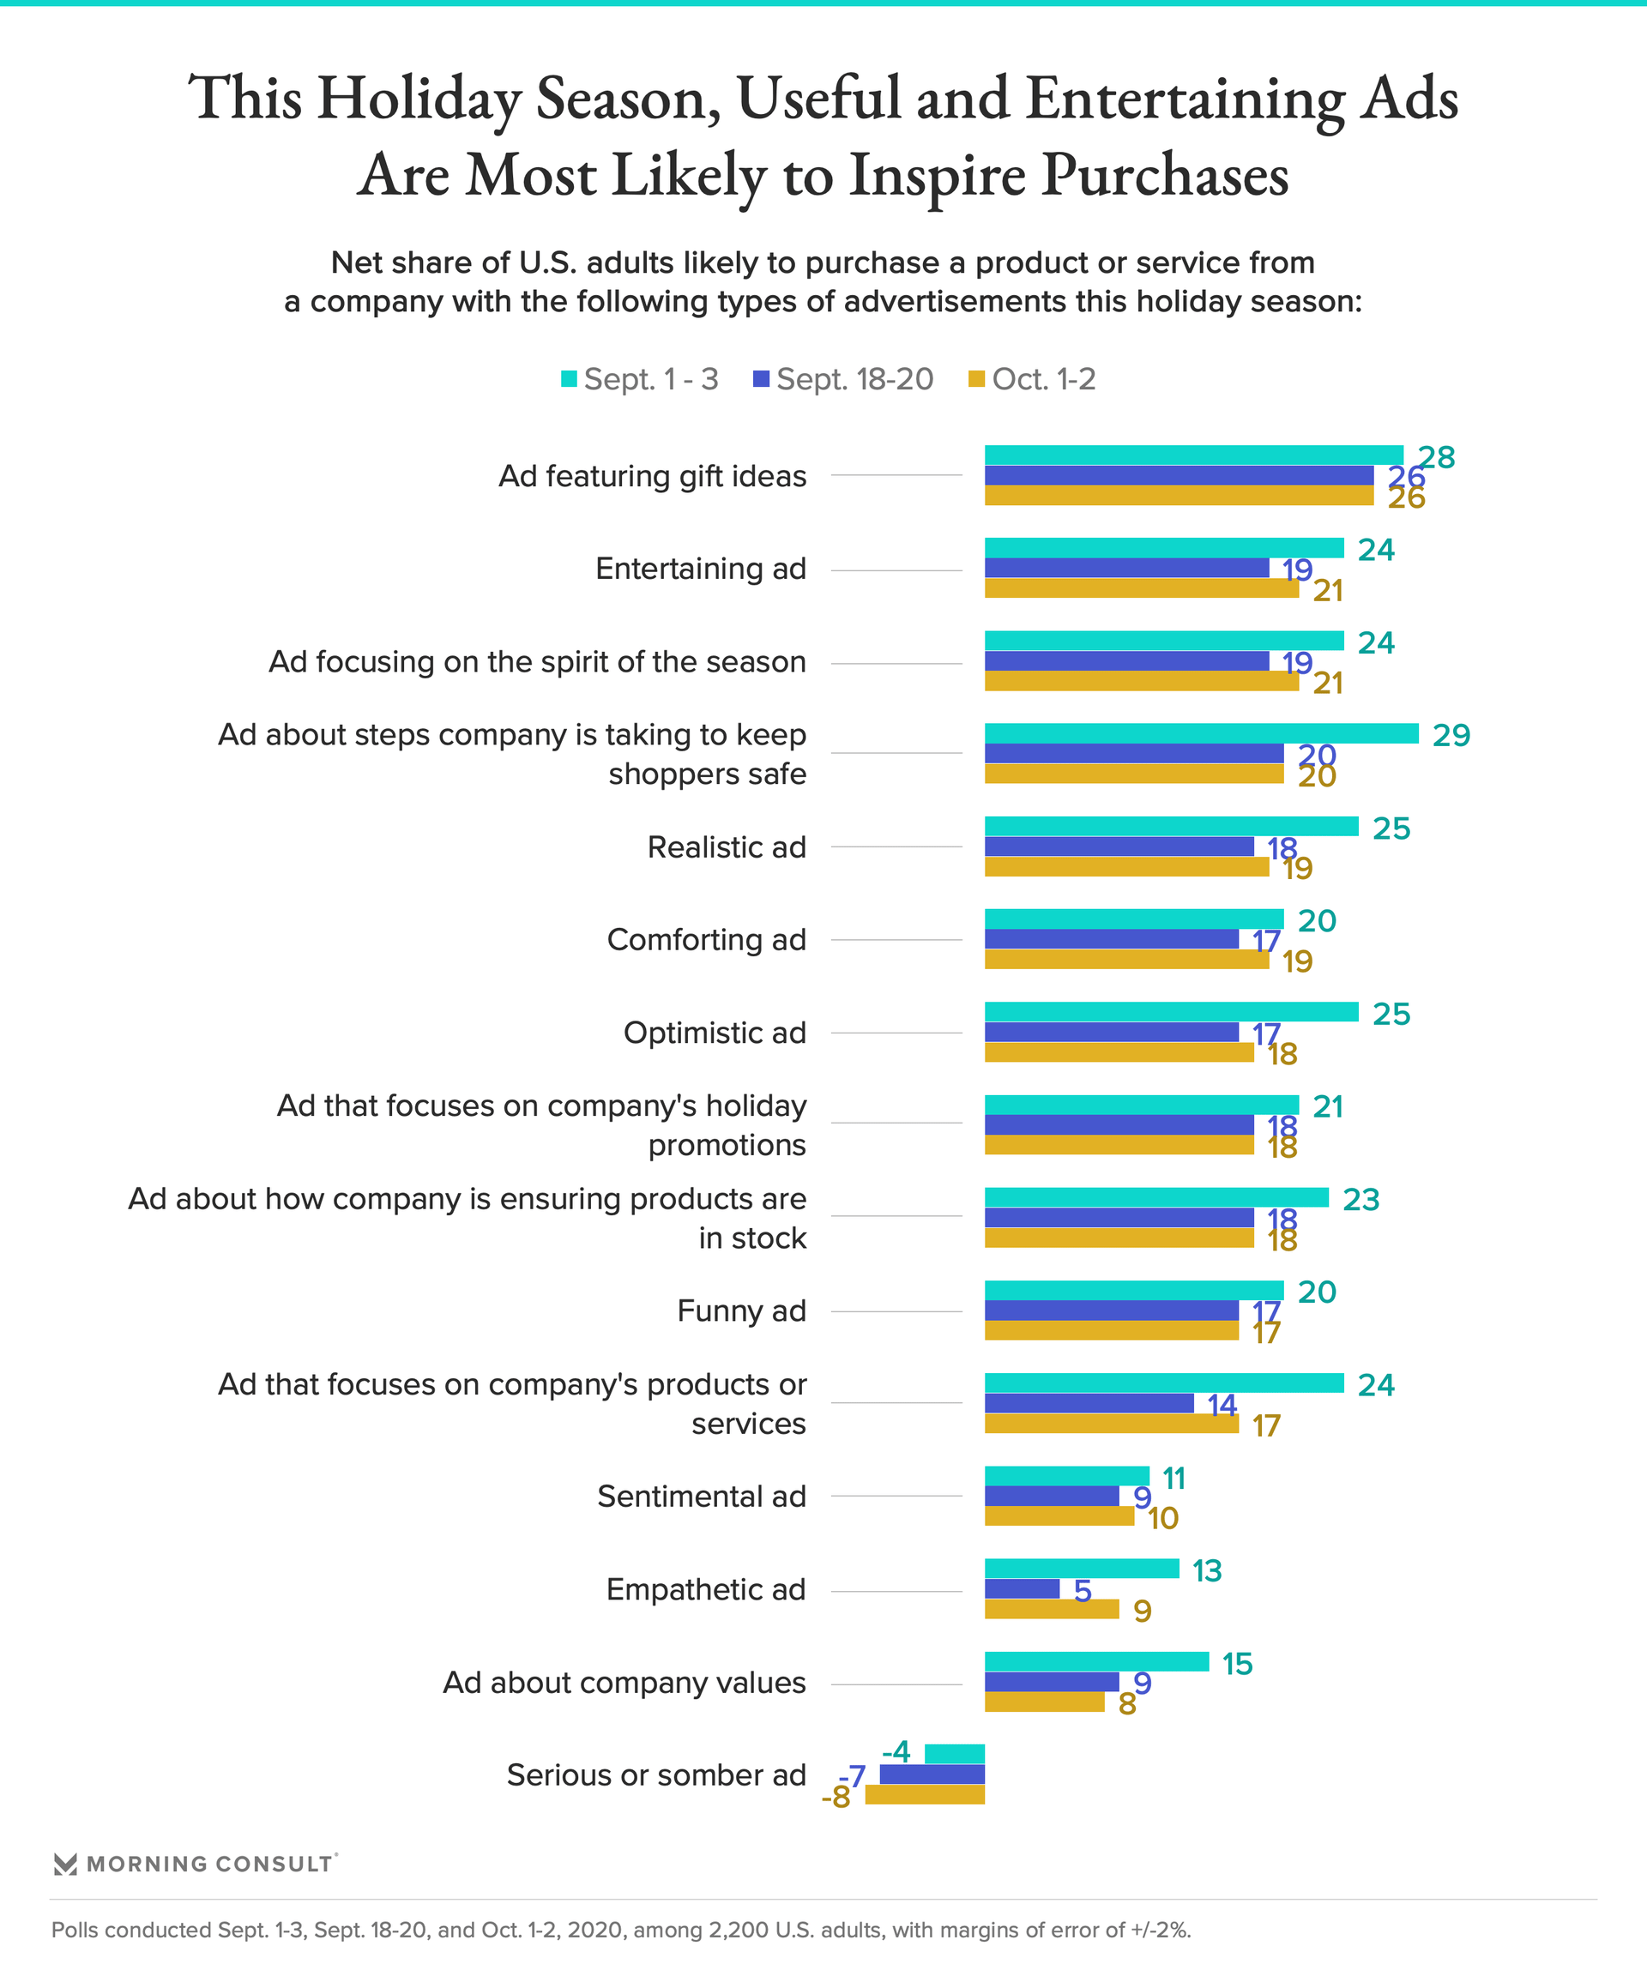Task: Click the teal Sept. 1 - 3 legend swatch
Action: [x=569, y=379]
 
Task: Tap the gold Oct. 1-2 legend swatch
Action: [x=977, y=379]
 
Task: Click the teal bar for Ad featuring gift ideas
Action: [x=1193, y=455]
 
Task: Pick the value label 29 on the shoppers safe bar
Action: [x=1451, y=735]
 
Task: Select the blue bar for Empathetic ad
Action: [x=1022, y=1589]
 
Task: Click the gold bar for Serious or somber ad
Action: [x=924, y=1794]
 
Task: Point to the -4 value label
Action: [x=896, y=1752]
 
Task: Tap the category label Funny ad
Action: [x=742, y=1310]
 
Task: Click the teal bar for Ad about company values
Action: [x=1096, y=1662]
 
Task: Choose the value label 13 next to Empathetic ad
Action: [x=1207, y=1570]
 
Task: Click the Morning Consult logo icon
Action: [x=65, y=1864]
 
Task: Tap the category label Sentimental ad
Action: [x=701, y=1496]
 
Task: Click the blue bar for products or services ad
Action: [x=1089, y=1403]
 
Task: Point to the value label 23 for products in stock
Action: [x=1360, y=1200]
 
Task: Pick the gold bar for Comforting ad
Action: [x=1126, y=960]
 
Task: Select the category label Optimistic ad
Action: [x=715, y=1033]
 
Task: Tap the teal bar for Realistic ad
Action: [x=1171, y=826]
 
